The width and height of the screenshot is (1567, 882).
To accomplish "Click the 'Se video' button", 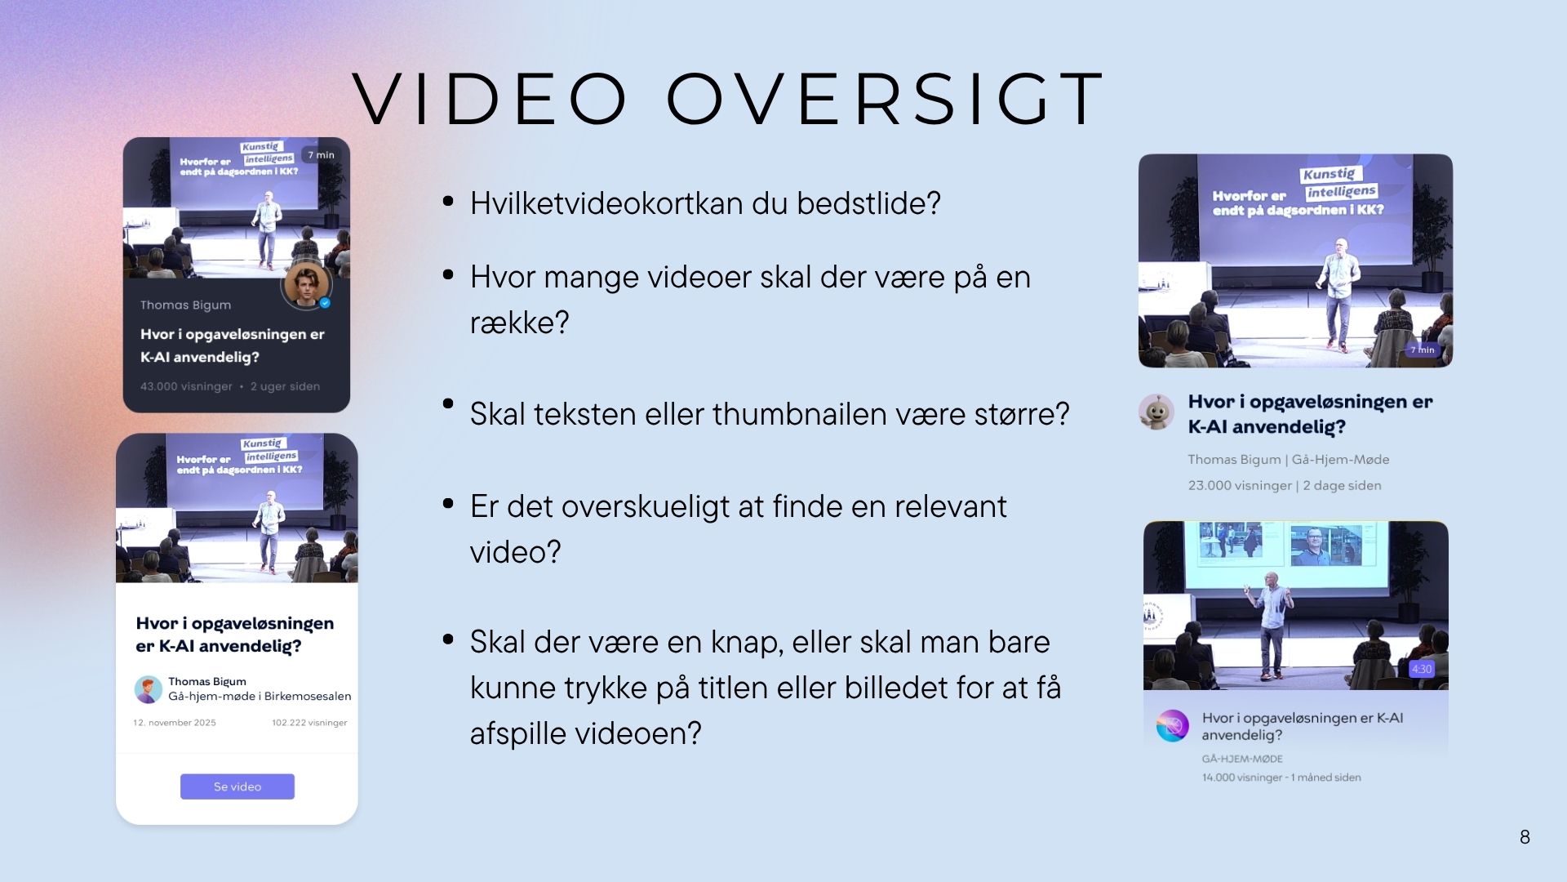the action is pyautogui.click(x=237, y=786).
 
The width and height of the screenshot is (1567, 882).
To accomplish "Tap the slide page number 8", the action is pyautogui.click(x=1525, y=837).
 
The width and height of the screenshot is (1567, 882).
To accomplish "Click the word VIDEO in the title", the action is pyautogui.click(x=491, y=99).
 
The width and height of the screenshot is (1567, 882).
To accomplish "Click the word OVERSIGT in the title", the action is pyautogui.click(x=886, y=99).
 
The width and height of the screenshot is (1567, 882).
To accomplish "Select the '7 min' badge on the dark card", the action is pyautogui.click(x=321, y=154).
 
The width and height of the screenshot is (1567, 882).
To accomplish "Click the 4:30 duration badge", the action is pyautogui.click(x=1422, y=669).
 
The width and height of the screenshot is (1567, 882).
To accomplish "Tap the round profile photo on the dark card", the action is pyautogui.click(x=306, y=285).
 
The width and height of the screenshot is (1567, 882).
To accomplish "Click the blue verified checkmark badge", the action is pyautogui.click(x=325, y=303).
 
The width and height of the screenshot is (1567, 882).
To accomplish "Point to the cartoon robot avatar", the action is pyautogui.click(x=1156, y=412).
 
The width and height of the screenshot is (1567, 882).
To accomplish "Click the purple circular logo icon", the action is pyautogui.click(x=1172, y=725).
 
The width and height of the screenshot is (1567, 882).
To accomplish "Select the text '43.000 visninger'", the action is pyautogui.click(x=186, y=386).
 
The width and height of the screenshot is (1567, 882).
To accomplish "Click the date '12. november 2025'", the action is pyautogui.click(x=175, y=723).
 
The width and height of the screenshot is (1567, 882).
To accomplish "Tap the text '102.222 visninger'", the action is pyautogui.click(x=309, y=723).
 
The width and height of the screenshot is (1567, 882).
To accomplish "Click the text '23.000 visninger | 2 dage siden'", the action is pyautogui.click(x=1285, y=485).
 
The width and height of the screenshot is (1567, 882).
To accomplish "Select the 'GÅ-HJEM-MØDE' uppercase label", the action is pyautogui.click(x=1242, y=759).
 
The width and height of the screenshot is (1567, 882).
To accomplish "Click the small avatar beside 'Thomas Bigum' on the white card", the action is pyautogui.click(x=148, y=689).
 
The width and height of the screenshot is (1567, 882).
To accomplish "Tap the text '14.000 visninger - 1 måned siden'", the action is pyautogui.click(x=1281, y=777).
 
